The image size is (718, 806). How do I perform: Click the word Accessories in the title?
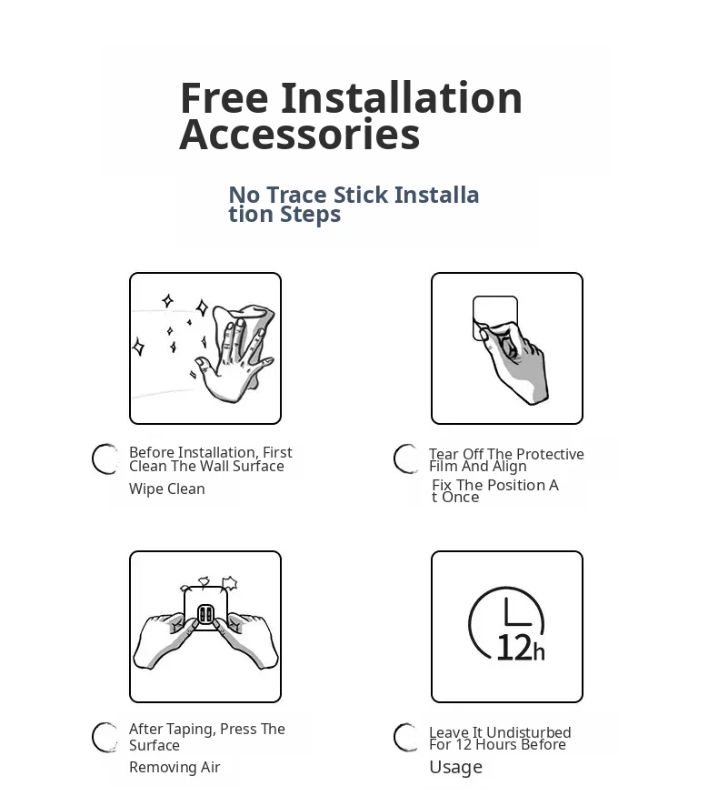pyautogui.click(x=299, y=135)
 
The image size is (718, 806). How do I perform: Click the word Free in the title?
pyautogui.click(x=224, y=97)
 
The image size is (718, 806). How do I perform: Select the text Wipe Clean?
pyautogui.click(x=167, y=489)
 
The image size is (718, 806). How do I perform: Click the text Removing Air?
pyautogui.click(x=175, y=767)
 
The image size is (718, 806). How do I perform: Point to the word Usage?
pyautogui.click(x=456, y=767)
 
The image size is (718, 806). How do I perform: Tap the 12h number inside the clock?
pyautogui.click(x=520, y=648)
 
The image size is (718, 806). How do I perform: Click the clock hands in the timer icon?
pyautogui.click(x=516, y=611)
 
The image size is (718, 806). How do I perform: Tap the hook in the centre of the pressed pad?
pyautogui.click(x=205, y=615)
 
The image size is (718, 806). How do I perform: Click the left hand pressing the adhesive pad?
pyautogui.click(x=165, y=640)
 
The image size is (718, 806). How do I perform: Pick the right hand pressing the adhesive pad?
pyautogui.click(x=246, y=640)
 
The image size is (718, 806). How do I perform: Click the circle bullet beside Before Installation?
pyautogui.click(x=105, y=459)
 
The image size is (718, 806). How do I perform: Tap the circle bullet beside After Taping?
pyautogui.click(x=105, y=737)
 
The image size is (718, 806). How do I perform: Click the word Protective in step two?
pyautogui.click(x=552, y=454)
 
